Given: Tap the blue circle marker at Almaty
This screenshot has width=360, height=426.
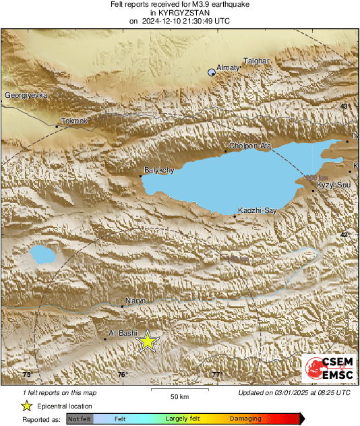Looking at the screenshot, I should (x=212, y=72).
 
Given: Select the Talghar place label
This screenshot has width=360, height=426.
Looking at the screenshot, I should (x=256, y=61).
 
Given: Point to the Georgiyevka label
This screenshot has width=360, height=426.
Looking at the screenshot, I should (x=26, y=96).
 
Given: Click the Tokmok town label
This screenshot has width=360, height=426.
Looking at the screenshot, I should (x=74, y=121).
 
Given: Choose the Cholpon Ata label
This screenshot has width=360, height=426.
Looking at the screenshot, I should (x=250, y=146).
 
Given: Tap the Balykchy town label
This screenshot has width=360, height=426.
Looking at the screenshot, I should (x=160, y=170).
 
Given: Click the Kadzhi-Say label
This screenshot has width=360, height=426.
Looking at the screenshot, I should (x=255, y=211).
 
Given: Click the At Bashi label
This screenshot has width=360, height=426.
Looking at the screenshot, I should (x=123, y=333).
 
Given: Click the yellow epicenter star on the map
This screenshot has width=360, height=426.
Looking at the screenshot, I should (x=148, y=342).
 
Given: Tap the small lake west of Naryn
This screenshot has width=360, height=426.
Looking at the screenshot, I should (x=42, y=254).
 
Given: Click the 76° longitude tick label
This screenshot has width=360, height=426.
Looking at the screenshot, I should (x=122, y=375).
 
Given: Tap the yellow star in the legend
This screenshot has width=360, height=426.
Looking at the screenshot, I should (x=26, y=406).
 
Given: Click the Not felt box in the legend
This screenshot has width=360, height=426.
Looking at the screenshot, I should (x=80, y=419).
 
